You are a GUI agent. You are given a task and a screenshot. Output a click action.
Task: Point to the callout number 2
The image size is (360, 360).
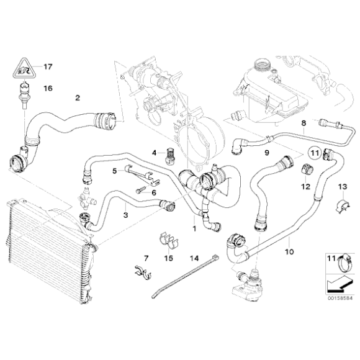[78, 97]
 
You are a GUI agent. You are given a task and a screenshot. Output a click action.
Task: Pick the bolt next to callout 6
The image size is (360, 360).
[138, 192]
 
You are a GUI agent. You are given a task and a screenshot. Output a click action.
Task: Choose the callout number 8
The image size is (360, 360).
[304, 124]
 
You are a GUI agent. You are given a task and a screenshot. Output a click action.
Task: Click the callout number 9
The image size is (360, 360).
[266, 152]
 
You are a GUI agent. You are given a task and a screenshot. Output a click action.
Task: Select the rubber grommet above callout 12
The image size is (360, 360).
[305, 169]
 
